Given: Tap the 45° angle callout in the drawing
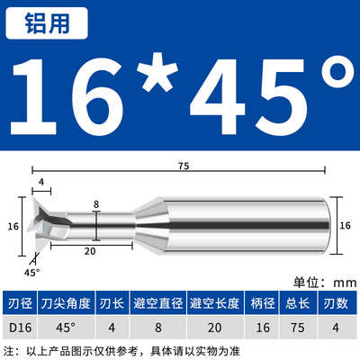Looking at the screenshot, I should click(x=32, y=271).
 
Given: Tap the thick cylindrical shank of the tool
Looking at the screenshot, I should click(x=270, y=227).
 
